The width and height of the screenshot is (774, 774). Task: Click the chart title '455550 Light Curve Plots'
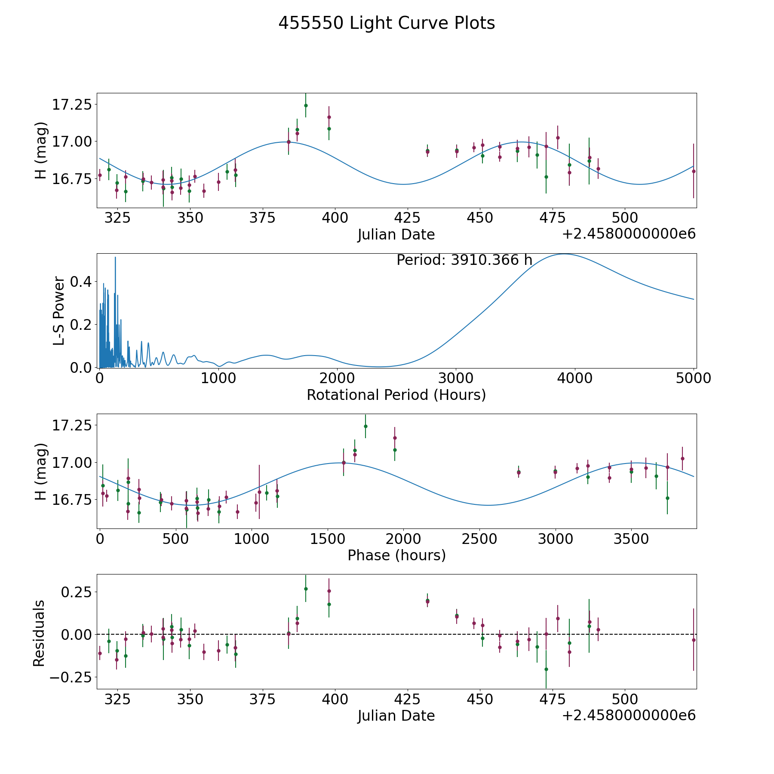[387, 23]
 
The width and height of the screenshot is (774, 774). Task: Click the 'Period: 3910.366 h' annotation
[464, 260]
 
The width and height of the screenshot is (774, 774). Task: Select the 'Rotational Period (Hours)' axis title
[396, 395]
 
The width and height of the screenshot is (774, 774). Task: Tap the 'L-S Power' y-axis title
[59, 311]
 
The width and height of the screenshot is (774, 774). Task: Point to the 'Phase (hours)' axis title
[396, 555]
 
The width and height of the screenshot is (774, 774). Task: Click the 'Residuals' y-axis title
[39, 633]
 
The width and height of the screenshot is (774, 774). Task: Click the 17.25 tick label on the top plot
[71, 104]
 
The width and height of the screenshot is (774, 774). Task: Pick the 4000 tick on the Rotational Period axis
[574, 378]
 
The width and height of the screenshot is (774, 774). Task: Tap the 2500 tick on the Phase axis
[479, 539]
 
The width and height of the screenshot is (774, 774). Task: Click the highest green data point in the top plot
[306, 105]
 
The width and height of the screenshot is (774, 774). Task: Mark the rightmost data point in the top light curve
[694, 171]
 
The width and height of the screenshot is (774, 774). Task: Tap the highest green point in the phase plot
[365, 426]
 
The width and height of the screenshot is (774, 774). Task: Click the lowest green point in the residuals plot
[546, 669]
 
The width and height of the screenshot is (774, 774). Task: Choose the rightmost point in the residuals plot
[694, 640]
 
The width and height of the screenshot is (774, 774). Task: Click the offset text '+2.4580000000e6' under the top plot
[629, 234]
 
